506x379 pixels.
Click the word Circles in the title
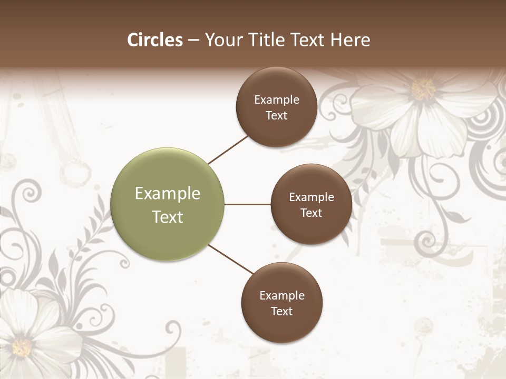point(154,40)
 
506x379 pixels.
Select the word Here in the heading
point(350,40)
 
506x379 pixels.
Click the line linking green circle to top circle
point(228,149)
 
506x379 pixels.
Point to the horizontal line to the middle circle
point(248,204)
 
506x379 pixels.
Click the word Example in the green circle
point(168,194)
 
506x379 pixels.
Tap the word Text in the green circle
point(168,217)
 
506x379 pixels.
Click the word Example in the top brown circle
point(277,100)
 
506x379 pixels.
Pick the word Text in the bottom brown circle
point(282,312)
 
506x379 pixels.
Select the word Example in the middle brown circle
point(312,197)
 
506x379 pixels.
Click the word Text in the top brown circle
point(277,116)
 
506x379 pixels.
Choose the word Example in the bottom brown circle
point(282,296)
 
